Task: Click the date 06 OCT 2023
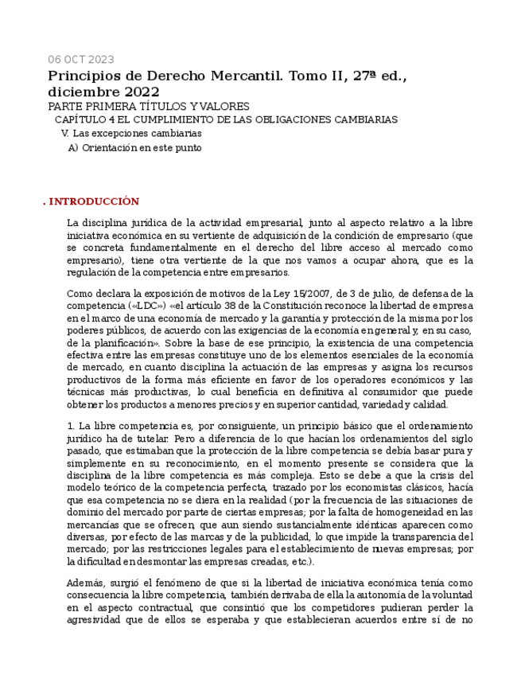(80, 60)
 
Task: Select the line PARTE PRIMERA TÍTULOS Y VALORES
(149, 107)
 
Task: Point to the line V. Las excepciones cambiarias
(131, 134)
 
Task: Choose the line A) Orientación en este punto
(134, 148)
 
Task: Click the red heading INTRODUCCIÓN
(94, 201)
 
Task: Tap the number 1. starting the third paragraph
(72, 427)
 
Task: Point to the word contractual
(169, 608)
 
